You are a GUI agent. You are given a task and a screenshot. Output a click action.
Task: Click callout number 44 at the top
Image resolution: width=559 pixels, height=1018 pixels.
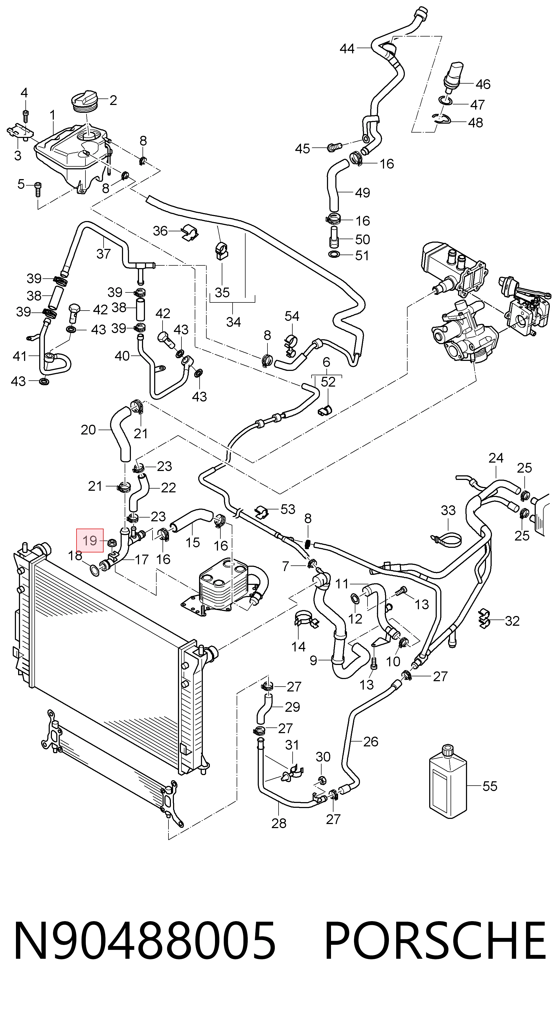[347, 49]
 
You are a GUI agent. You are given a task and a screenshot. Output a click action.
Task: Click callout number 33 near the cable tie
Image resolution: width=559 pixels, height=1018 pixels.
[448, 510]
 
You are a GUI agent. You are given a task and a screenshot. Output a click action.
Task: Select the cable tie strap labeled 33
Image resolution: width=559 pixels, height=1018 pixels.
[446, 539]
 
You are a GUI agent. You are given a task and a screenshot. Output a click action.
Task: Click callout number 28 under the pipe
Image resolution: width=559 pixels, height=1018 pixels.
[279, 823]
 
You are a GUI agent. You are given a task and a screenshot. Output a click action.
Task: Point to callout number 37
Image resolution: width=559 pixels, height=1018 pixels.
[104, 253]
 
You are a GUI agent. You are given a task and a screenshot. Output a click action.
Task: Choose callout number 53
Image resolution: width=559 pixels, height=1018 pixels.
[287, 509]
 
